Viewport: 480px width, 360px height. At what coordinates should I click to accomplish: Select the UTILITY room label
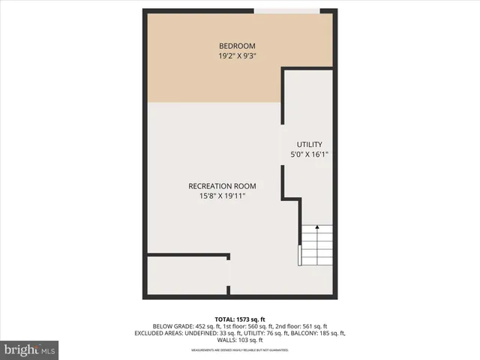tap(309, 144)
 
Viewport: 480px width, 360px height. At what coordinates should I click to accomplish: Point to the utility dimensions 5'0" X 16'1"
tap(309, 154)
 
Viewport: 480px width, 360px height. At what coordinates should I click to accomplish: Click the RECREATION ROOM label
tap(222, 186)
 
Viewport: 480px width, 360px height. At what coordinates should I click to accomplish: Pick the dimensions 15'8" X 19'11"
tap(222, 196)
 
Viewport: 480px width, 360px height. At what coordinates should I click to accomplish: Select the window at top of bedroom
tap(287, 10)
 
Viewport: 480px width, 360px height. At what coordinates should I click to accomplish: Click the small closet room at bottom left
tap(187, 276)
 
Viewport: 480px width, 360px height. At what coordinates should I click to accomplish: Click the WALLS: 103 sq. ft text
tap(240, 340)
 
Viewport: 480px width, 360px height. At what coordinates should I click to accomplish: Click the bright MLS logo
tap(30, 349)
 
